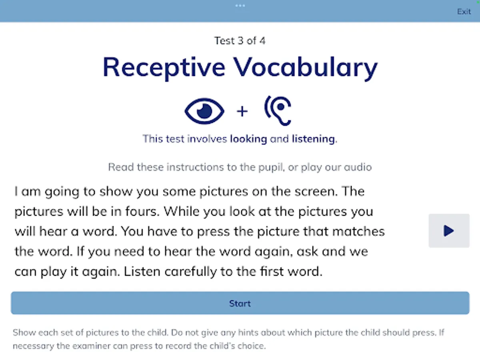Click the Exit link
point(464,11)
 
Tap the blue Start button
point(240,303)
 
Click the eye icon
point(204,111)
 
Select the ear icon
point(278,111)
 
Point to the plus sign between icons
point(242,112)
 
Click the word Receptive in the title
point(164,67)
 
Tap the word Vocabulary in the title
point(305,67)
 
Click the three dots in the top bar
point(240,6)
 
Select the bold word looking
point(249,139)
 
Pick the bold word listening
point(313,139)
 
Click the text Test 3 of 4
point(240,41)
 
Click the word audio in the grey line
point(358,167)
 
